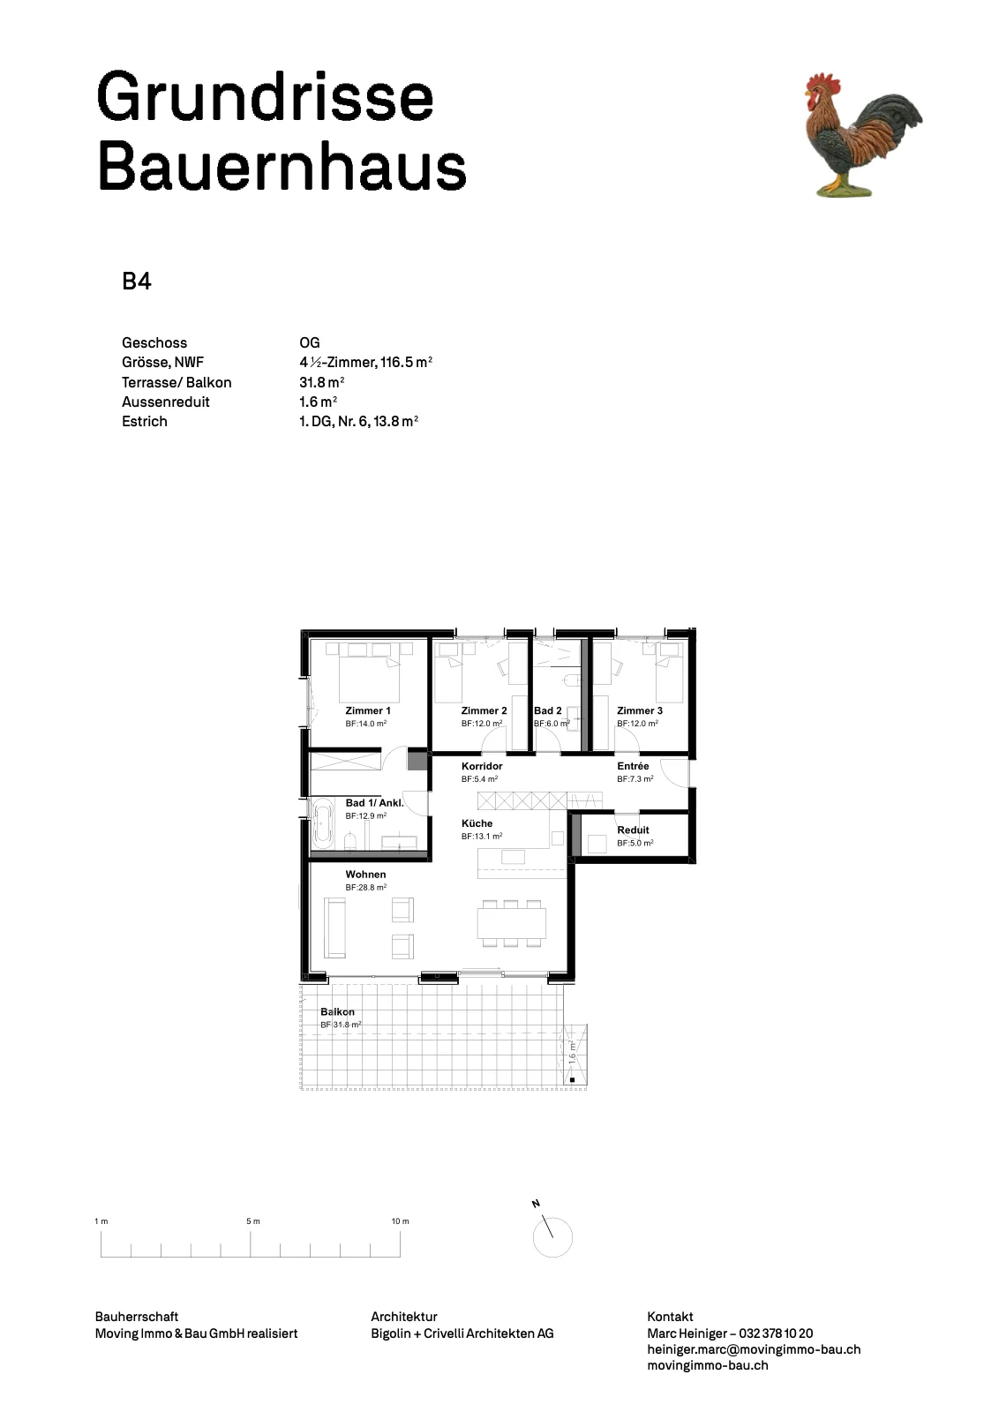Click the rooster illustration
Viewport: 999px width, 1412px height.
tap(862, 135)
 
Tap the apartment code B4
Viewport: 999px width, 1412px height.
tap(137, 282)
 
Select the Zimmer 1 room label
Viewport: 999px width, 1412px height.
tap(367, 710)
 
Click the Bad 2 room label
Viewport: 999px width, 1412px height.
tap(547, 710)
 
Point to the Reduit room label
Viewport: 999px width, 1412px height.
tap(633, 830)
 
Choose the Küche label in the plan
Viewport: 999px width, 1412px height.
tap(477, 823)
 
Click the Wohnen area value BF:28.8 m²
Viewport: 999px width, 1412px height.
tap(365, 887)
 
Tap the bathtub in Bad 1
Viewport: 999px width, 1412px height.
tap(323, 822)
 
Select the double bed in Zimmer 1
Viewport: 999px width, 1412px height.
tap(370, 672)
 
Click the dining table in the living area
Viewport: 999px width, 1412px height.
tap(511, 924)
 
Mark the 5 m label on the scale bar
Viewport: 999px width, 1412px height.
tap(252, 1221)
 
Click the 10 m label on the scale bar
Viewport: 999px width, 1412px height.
tap(401, 1221)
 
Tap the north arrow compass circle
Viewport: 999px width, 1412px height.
tap(552, 1236)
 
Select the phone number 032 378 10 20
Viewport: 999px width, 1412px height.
tap(776, 1333)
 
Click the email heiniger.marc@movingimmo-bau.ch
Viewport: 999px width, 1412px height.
tap(754, 1349)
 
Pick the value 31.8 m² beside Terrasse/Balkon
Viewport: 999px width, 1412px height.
tap(321, 382)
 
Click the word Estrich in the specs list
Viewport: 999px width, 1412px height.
tap(145, 421)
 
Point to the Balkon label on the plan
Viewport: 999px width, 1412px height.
tap(337, 1011)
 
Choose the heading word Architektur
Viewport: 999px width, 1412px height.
tap(404, 1316)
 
